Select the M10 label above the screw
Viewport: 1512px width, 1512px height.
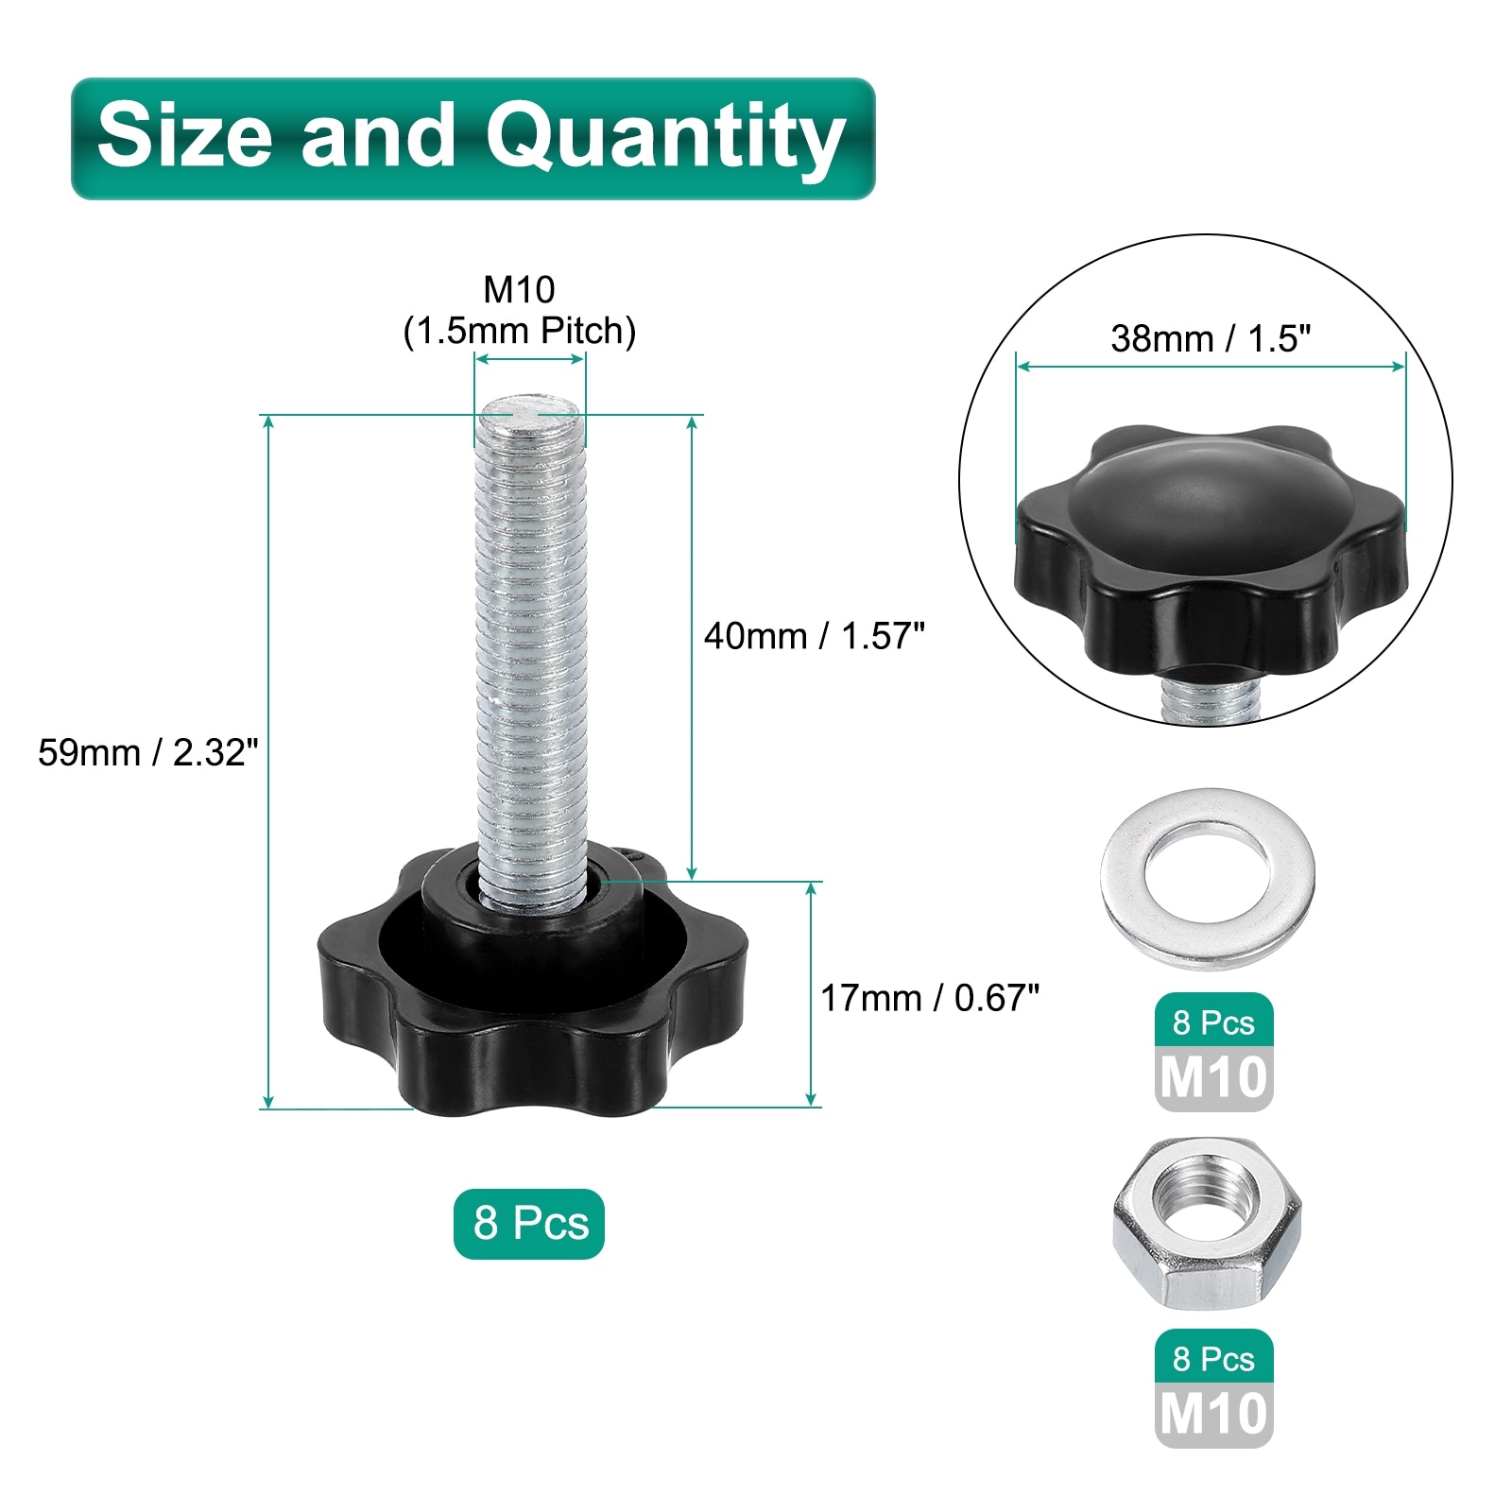coord(519,289)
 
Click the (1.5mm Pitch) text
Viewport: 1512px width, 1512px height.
coord(520,331)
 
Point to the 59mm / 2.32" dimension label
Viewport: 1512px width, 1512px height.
coord(148,752)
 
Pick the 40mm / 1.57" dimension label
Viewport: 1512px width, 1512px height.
coord(814,636)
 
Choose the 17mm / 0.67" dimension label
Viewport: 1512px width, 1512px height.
coord(930,998)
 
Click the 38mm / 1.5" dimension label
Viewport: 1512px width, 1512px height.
coord(1211,337)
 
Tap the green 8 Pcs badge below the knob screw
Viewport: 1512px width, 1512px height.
coord(529,1223)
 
